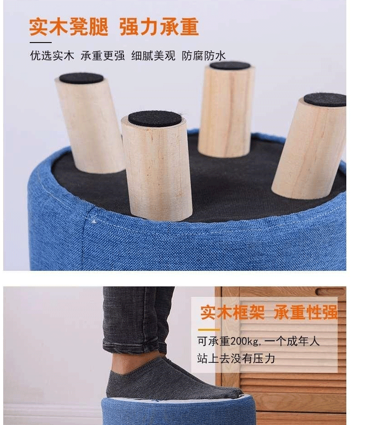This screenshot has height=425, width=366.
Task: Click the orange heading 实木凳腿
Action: pyautogui.click(x=69, y=27)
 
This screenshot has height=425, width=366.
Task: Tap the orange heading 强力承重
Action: pyautogui.click(x=159, y=27)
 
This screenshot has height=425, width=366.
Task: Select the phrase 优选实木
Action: pyautogui.click(x=52, y=55)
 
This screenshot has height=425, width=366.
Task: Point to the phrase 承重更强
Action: pyautogui.click(x=103, y=55)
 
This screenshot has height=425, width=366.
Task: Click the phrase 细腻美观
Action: pyautogui.click(x=153, y=55)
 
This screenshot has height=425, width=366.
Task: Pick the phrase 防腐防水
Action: pyautogui.click(x=204, y=55)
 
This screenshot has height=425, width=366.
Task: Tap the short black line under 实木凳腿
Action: pyautogui.click(x=41, y=43)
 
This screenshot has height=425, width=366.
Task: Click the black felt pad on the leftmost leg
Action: pyautogui.click(x=81, y=78)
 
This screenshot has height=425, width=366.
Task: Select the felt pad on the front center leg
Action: pyautogui.click(x=155, y=119)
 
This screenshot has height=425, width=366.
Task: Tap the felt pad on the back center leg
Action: pyautogui.click(x=230, y=65)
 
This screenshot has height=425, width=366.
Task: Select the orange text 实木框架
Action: pyautogui.click(x=232, y=312)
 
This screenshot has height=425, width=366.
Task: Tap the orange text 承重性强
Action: pyautogui.click(x=306, y=312)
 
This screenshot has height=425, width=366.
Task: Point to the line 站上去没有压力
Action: pyautogui.click(x=236, y=358)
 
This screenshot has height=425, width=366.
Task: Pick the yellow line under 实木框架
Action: pyautogui.click(x=209, y=330)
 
